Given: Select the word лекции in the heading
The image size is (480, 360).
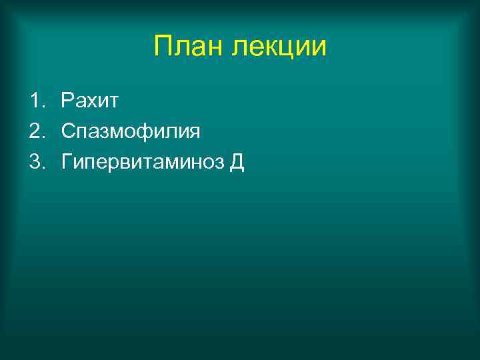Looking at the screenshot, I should point(280,46).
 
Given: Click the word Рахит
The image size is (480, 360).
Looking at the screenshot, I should point(89,101).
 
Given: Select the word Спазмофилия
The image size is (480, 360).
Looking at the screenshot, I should point(131,131).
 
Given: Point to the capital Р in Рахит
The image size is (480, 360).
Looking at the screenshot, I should point(67,101).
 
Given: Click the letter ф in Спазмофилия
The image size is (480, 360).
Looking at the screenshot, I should point(145,132).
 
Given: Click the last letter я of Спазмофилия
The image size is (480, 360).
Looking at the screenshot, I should point(194,132).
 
